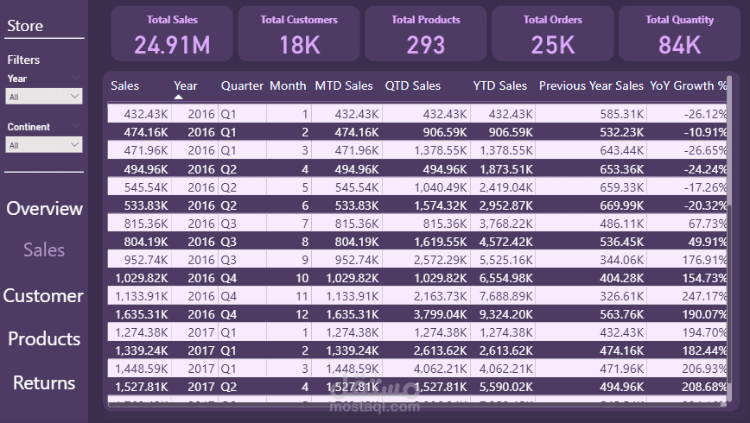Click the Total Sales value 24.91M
click(x=173, y=45)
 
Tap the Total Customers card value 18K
click(x=300, y=45)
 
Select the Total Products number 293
click(x=426, y=45)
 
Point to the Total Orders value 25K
click(x=553, y=45)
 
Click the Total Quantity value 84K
click(x=679, y=45)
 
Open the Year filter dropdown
click(x=44, y=98)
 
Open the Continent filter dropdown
click(x=44, y=146)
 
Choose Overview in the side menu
click(x=44, y=209)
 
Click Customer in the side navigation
click(x=43, y=296)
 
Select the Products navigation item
click(x=44, y=339)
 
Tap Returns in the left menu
click(x=44, y=383)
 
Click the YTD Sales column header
click(x=499, y=86)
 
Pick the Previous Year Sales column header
click(x=591, y=86)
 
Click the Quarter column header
click(x=242, y=86)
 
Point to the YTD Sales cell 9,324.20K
click(x=499, y=313)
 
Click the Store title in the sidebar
click(x=25, y=26)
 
